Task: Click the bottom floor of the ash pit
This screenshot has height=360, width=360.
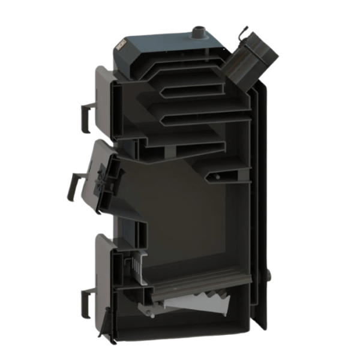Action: (x=198, y=327)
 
